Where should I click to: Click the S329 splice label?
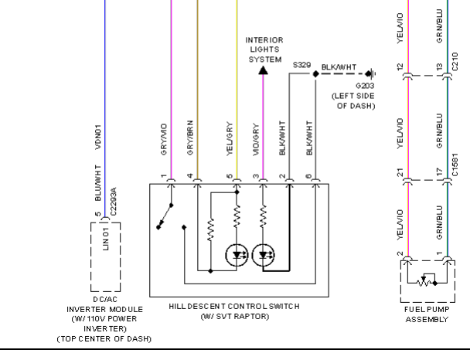[301, 65]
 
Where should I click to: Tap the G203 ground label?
[365, 86]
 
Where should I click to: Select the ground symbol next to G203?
[371, 73]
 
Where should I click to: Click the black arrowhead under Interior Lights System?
[263, 70]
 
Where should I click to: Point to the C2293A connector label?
[113, 202]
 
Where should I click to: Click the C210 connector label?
[455, 61]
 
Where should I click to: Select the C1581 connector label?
[455, 165]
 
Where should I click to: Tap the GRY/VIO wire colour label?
[164, 139]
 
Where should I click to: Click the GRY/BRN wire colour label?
[190, 138]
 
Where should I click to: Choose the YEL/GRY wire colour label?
[230, 138]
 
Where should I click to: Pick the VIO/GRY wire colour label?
[256, 139]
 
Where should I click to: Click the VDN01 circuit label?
[98, 138]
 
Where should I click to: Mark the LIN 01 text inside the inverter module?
[105, 239]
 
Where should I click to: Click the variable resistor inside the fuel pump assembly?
[424, 281]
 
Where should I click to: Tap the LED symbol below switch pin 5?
[237, 255]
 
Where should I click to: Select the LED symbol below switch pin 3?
[263, 255]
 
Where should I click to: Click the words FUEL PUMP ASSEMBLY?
[427, 314]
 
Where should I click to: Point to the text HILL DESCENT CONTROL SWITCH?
[234, 307]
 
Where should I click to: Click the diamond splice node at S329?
[315, 73]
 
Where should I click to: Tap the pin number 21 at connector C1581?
[400, 172]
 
